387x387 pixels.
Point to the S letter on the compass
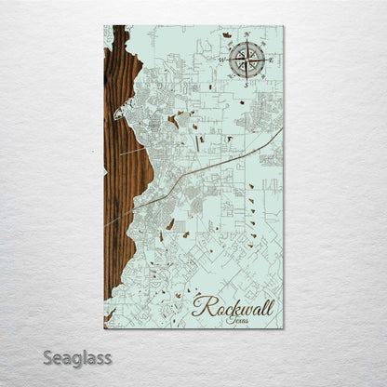tap(246, 85)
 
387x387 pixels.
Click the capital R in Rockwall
tap(201, 306)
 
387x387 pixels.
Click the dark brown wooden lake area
tap(118, 186)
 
